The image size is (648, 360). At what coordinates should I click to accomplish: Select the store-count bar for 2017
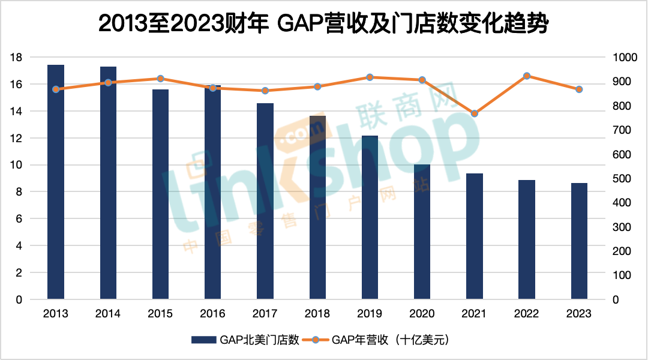tap(265, 201)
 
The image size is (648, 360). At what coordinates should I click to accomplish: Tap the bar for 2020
tap(422, 232)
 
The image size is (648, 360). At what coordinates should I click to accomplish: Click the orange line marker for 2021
tap(475, 113)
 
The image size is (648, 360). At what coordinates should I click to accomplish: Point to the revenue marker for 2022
tap(527, 76)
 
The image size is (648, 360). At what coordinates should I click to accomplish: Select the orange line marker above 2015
tap(160, 79)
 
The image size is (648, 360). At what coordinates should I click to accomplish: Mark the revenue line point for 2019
tap(370, 77)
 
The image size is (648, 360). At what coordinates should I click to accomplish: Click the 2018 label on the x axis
tap(317, 314)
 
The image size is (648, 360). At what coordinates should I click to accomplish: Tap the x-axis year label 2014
tap(108, 314)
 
